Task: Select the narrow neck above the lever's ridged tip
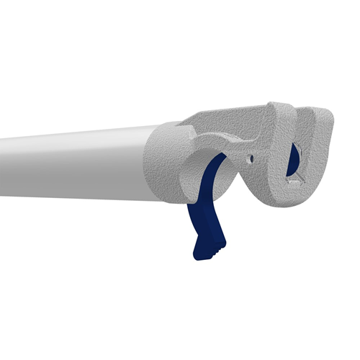pyautogui.click(x=203, y=229)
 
